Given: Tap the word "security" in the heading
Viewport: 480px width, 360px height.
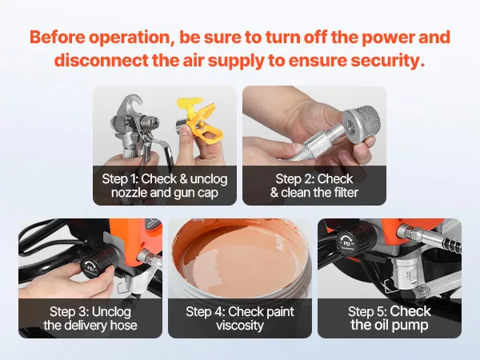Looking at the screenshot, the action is point(388,61).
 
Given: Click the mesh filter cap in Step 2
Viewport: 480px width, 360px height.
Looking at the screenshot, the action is point(362,123).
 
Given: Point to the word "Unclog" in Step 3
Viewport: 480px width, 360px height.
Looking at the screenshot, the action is point(111,312).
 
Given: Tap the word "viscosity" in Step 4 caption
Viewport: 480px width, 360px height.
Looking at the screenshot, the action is point(240,326).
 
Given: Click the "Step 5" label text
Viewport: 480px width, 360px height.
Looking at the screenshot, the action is point(367,312).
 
